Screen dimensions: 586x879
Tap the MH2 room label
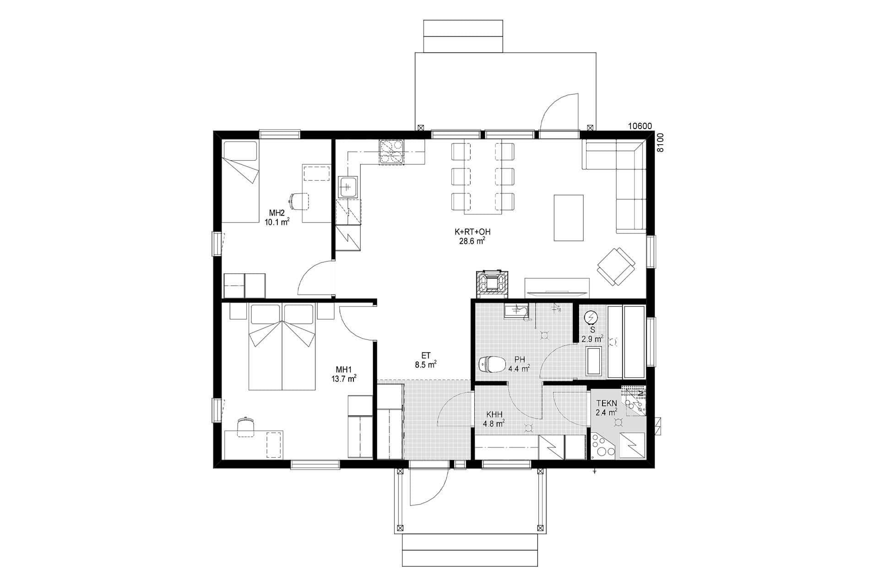[x=277, y=213]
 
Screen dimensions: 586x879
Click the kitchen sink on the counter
[x=348, y=187]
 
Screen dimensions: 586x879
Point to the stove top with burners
[x=391, y=152]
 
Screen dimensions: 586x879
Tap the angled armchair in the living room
[x=616, y=266]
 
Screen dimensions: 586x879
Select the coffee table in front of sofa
[x=569, y=217]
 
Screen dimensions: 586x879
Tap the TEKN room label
[x=606, y=403]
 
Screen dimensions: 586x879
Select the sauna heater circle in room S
[x=591, y=317]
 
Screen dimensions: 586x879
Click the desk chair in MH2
[x=298, y=201]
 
